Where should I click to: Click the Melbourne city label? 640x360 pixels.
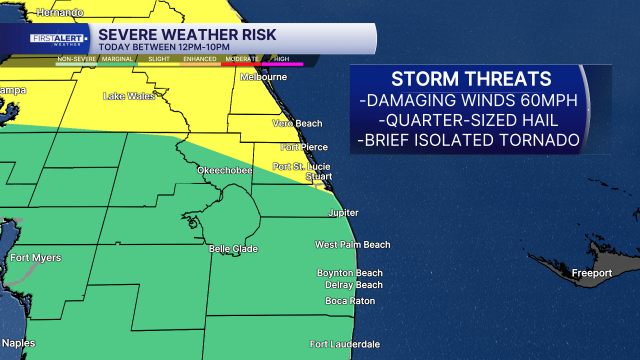tap(263, 77)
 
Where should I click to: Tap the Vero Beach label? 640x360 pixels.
tap(297, 123)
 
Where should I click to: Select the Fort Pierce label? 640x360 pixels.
tap(304, 147)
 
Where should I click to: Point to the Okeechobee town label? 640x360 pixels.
tap(224, 170)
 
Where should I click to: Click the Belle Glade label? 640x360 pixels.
tap(233, 248)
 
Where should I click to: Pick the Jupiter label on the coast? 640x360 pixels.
tap(343, 212)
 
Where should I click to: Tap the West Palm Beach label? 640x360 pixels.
tap(352, 244)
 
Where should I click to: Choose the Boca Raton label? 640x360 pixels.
tap(350, 301)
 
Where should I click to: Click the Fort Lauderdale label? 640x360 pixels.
tap(344, 344)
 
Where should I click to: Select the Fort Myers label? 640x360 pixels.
tap(35, 258)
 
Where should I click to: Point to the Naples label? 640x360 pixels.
tap(18, 343)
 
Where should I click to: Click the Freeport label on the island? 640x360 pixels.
tap(591, 273)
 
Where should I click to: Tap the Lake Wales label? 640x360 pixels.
tap(129, 96)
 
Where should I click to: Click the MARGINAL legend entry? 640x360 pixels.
tap(117, 59)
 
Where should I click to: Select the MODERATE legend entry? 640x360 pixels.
tap(241, 59)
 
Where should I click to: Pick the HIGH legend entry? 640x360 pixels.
tap(281, 59)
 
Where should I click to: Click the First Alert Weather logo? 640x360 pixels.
tap(58, 39)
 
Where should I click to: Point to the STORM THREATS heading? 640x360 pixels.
tap(471, 79)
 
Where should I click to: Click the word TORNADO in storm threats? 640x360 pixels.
tap(535, 140)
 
